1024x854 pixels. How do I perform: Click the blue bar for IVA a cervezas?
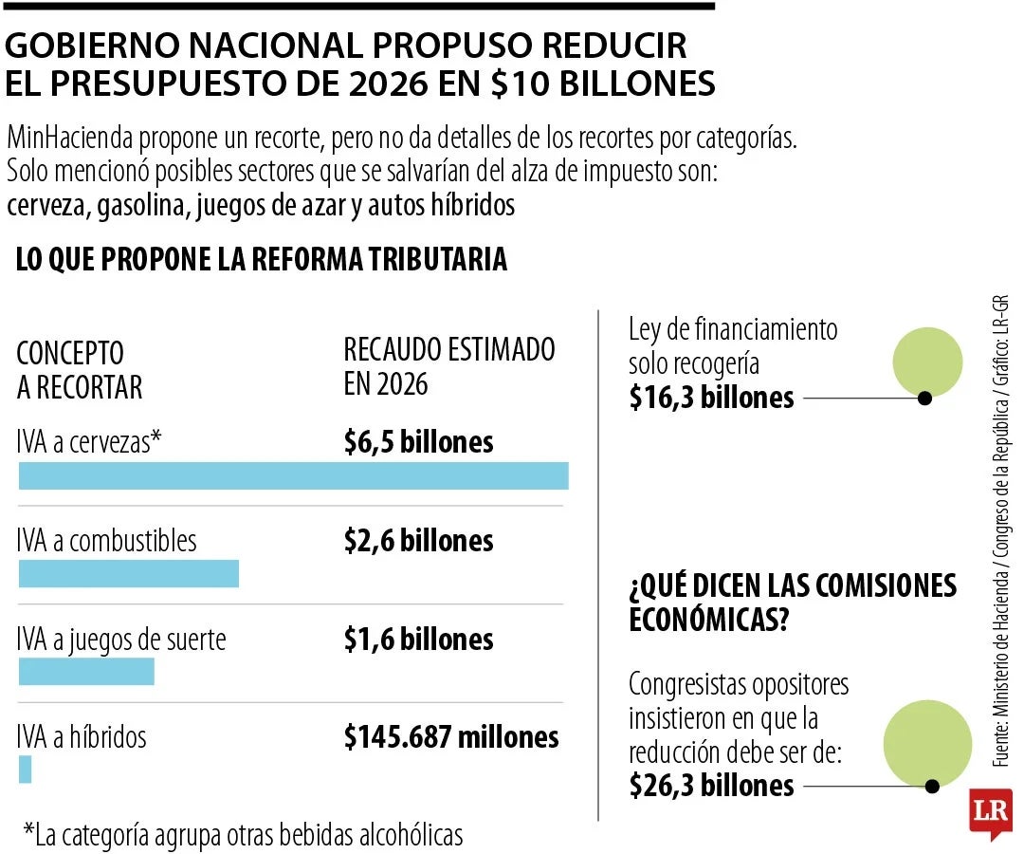pos(294,475)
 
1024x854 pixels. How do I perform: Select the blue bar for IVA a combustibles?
pos(129,573)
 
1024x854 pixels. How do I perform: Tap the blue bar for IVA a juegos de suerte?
pos(86,671)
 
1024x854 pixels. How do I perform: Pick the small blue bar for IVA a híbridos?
pos(26,769)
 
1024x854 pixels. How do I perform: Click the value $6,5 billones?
pos(418,442)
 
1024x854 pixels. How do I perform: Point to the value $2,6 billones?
pos(418,541)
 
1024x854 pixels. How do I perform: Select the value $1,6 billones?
pos(418,640)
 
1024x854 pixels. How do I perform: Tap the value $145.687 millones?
pos(451,737)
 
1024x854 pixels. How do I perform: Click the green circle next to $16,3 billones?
pos(928,362)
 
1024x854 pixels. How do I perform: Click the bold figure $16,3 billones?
pos(711,398)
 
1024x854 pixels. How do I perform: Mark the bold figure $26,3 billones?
pos(711,786)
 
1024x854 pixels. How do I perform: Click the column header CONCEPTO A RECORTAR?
pos(80,370)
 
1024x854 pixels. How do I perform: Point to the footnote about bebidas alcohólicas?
pos(244,834)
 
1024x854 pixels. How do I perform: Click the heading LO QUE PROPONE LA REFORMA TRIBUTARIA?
pos(262,260)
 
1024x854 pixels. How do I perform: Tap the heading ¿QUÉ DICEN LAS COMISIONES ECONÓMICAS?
pos(792,603)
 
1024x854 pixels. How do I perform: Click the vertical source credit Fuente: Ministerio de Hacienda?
pos(1001,531)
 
